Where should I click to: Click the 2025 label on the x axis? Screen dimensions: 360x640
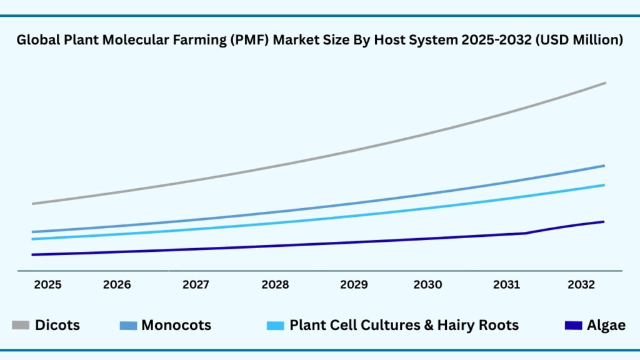47,285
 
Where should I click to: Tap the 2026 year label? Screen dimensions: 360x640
117,285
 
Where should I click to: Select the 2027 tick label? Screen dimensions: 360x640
196,285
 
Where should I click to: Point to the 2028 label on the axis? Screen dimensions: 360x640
275,285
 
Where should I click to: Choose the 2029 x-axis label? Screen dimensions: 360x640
354,285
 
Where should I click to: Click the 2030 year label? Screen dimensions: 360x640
427,285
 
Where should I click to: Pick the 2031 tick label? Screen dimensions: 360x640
506,285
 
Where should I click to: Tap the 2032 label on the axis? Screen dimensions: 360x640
581,285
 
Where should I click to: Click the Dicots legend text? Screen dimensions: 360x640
57,326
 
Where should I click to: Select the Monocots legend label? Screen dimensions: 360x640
176,326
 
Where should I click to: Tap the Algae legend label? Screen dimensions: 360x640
606,326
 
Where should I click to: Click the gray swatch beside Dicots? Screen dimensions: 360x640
21,326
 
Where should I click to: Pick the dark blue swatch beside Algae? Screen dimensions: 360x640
573,326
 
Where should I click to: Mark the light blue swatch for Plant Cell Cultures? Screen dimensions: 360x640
276,326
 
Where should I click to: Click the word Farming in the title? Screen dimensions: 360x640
193,41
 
